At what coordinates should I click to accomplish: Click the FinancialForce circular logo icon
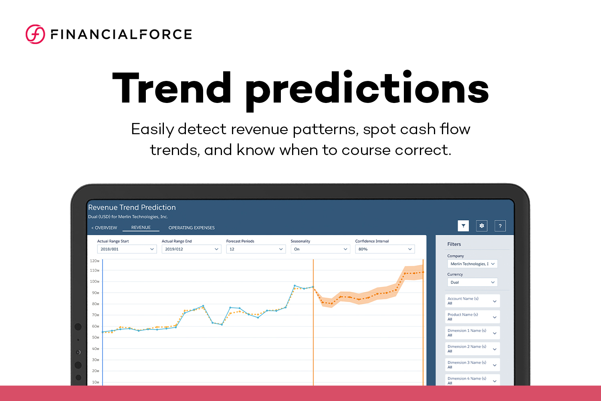tap(35, 34)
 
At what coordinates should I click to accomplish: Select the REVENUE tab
tap(141, 228)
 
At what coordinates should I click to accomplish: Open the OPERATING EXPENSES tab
tap(192, 228)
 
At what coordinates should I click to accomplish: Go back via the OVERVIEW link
tap(104, 228)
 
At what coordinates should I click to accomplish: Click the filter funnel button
tap(463, 226)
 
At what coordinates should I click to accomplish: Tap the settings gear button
tap(482, 226)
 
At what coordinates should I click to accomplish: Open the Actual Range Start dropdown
tap(127, 249)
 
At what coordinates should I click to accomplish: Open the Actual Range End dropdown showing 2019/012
tap(192, 249)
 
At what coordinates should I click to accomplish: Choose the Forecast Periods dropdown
tap(256, 249)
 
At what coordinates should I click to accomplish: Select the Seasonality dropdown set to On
tap(321, 249)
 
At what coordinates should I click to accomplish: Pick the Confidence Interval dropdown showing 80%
tap(385, 249)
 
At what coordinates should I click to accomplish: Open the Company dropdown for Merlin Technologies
tap(472, 264)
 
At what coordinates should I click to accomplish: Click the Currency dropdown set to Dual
tap(472, 282)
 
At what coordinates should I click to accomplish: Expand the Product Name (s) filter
tap(472, 317)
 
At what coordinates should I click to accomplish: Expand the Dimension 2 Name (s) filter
tap(472, 349)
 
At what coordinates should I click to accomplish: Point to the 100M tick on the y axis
tap(95, 282)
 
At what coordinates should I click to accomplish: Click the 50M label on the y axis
tap(95, 338)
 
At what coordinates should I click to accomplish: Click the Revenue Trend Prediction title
tap(132, 208)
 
